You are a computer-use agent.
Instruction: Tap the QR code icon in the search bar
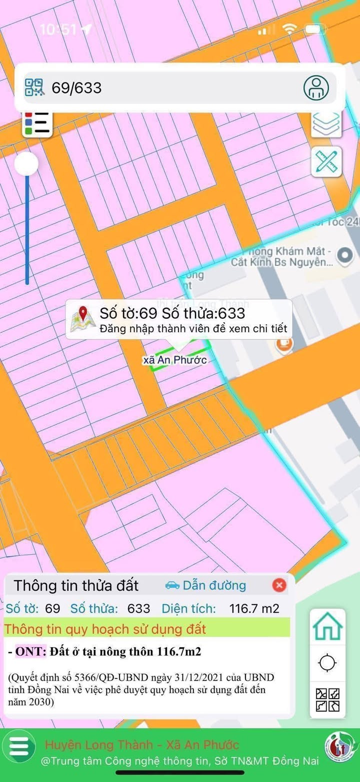(34, 87)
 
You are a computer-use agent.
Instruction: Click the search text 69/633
(76, 88)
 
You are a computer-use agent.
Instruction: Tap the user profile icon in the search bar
(316, 88)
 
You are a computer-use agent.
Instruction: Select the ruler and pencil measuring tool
(326, 161)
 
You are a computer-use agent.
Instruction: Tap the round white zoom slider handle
(26, 164)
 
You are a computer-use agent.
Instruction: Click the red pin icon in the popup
(83, 319)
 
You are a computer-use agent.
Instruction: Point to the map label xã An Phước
(175, 360)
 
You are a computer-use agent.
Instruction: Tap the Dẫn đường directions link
(205, 585)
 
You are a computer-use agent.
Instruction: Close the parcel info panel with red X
(279, 585)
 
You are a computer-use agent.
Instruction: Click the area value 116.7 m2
(254, 608)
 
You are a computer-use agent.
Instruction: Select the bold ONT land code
(31, 652)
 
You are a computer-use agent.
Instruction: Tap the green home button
(327, 626)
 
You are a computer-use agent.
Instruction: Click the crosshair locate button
(327, 663)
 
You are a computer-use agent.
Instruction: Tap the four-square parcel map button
(327, 700)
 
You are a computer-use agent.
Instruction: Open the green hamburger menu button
(18, 747)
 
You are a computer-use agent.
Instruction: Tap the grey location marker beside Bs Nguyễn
(344, 256)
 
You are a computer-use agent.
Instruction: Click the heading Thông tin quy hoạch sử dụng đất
(105, 629)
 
